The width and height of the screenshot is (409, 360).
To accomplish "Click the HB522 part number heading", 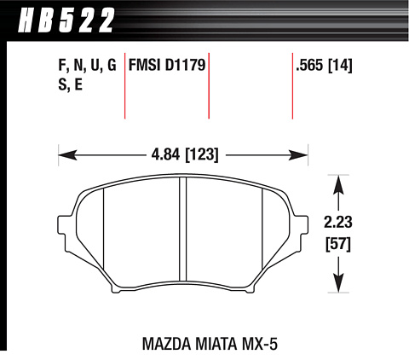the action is click(x=66, y=20).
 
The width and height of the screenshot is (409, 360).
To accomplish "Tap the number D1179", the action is click(x=185, y=65).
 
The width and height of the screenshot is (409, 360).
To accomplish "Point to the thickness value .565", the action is click(x=309, y=65).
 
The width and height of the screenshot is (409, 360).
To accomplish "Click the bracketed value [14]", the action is click(x=340, y=66).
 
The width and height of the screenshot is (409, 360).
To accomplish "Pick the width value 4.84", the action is click(x=165, y=154).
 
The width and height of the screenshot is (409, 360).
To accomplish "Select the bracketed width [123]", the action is click(x=202, y=155).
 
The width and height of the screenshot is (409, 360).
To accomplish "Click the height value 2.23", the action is click(x=338, y=222).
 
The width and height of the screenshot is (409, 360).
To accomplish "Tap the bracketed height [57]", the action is click(x=338, y=244).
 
